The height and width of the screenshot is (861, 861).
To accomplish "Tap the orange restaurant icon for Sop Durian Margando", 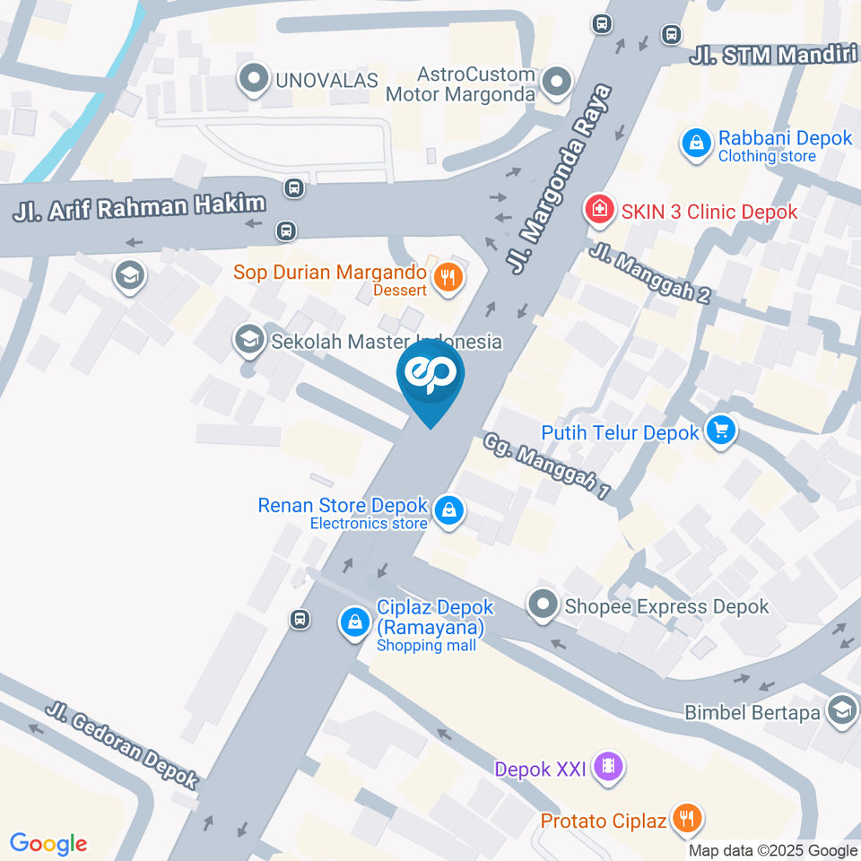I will pos(447,278).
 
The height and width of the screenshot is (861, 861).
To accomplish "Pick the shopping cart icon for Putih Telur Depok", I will pos(720,431).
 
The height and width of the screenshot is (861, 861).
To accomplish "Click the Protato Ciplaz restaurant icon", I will pos(688,819).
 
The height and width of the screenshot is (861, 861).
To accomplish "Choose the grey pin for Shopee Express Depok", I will pos(542,605).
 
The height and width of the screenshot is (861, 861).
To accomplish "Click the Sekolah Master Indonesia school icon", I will pos(247,340).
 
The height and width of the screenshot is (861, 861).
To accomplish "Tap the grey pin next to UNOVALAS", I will pos(254,80).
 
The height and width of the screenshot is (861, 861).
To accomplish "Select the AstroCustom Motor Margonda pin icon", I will pos(558,83).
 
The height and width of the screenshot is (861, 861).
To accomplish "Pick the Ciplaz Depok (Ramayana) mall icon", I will pos(356,621).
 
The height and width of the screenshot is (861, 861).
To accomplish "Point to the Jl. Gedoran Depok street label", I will pos(124,745).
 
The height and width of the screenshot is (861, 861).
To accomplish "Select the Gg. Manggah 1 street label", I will pos(546,466).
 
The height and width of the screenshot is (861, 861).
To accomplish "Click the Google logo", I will pos(48,843).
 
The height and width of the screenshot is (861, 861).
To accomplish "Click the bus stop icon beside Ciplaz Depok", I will pos(300,619).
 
